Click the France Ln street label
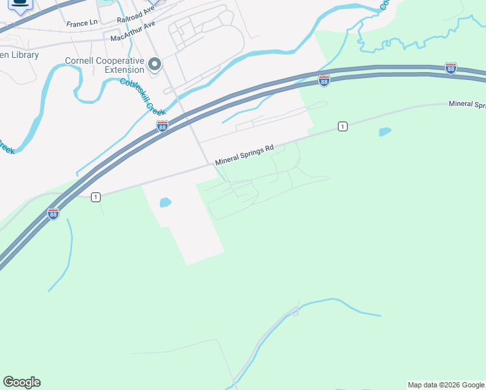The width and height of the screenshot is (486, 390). pos(82,23)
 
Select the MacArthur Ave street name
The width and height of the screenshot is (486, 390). pos(133,31)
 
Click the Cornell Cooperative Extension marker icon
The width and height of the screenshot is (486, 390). pos(155,64)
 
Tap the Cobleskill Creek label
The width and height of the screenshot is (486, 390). pos(140,96)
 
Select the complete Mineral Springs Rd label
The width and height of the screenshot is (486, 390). pos(244,154)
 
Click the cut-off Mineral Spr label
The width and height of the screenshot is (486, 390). pos(467,105)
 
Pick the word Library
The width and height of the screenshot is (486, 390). pos(24,55)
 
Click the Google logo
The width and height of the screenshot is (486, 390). pos(21,382)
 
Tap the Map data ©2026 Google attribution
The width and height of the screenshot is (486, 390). pos(446,385)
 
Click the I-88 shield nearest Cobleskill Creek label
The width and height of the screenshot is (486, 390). pos(162,125)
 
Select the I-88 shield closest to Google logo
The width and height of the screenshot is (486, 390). pos(53,213)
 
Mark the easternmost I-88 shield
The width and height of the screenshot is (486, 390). pos(450,68)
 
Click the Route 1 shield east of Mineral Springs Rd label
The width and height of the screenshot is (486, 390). pos(342,126)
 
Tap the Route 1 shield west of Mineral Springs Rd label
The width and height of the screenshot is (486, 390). pos(96,197)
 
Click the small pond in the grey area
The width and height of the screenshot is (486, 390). pos(165,202)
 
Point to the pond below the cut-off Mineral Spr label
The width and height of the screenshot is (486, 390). pos(385,132)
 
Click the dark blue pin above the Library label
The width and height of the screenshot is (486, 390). pos(21,5)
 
